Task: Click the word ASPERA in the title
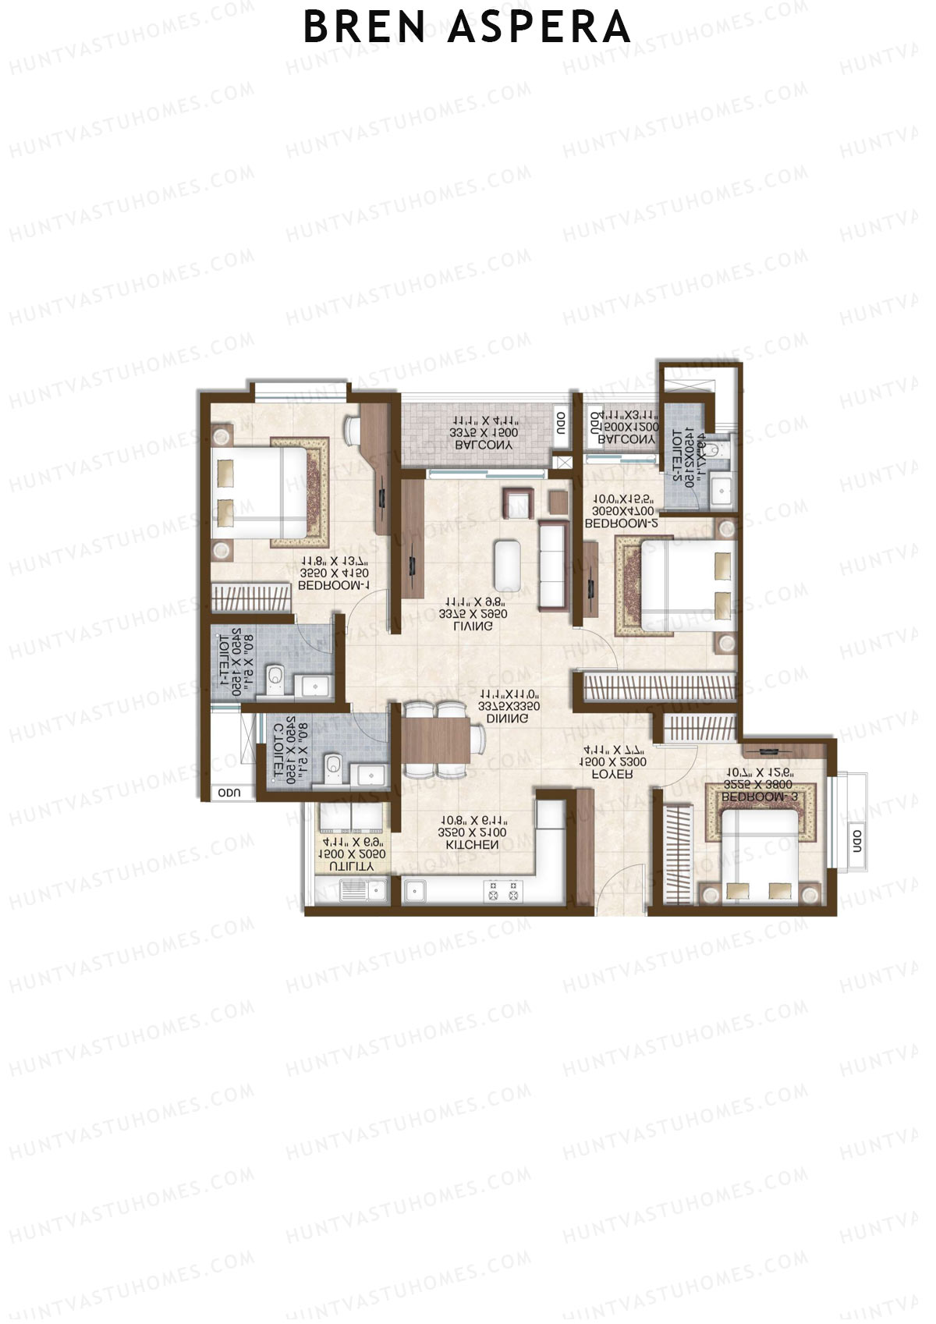(x=540, y=27)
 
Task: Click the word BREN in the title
(x=364, y=27)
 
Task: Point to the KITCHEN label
(x=472, y=845)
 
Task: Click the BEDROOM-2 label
(x=621, y=524)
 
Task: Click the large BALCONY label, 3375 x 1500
(x=484, y=445)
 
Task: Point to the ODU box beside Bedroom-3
(x=856, y=841)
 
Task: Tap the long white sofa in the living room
(x=551, y=566)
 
